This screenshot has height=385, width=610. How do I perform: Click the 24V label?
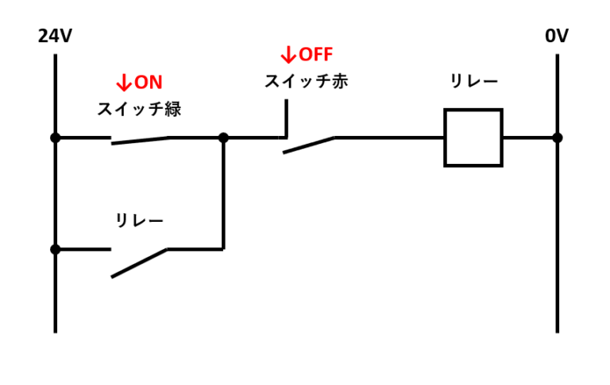[55, 37]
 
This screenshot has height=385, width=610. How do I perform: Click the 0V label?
[557, 37]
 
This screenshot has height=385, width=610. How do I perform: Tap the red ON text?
[148, 83]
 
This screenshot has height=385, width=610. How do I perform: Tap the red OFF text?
[315, 55]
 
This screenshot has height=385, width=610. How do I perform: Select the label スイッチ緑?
[139, 109]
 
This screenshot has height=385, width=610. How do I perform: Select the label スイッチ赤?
[306, 81]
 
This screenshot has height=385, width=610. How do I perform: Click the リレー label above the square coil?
[473, 81]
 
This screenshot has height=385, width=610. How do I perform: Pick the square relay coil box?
[473, 138]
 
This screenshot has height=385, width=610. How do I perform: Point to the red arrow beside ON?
[123, 83]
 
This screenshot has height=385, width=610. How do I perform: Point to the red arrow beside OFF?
[288, 55]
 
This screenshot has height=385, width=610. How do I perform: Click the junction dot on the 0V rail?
[557, 138]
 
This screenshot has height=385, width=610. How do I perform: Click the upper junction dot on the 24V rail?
[55, 138]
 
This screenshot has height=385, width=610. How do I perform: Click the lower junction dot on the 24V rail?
[55, 249]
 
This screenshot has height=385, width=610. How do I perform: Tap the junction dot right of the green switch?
[223, 138]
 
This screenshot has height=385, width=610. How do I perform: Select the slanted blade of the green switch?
[140, 141]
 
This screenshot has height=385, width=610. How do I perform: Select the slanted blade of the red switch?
[309, 145]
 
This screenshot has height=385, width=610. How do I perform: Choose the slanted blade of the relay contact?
[139, 263]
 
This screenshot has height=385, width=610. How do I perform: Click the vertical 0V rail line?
[557, 239]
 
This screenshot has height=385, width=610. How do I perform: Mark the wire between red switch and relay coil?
[389, 138]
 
